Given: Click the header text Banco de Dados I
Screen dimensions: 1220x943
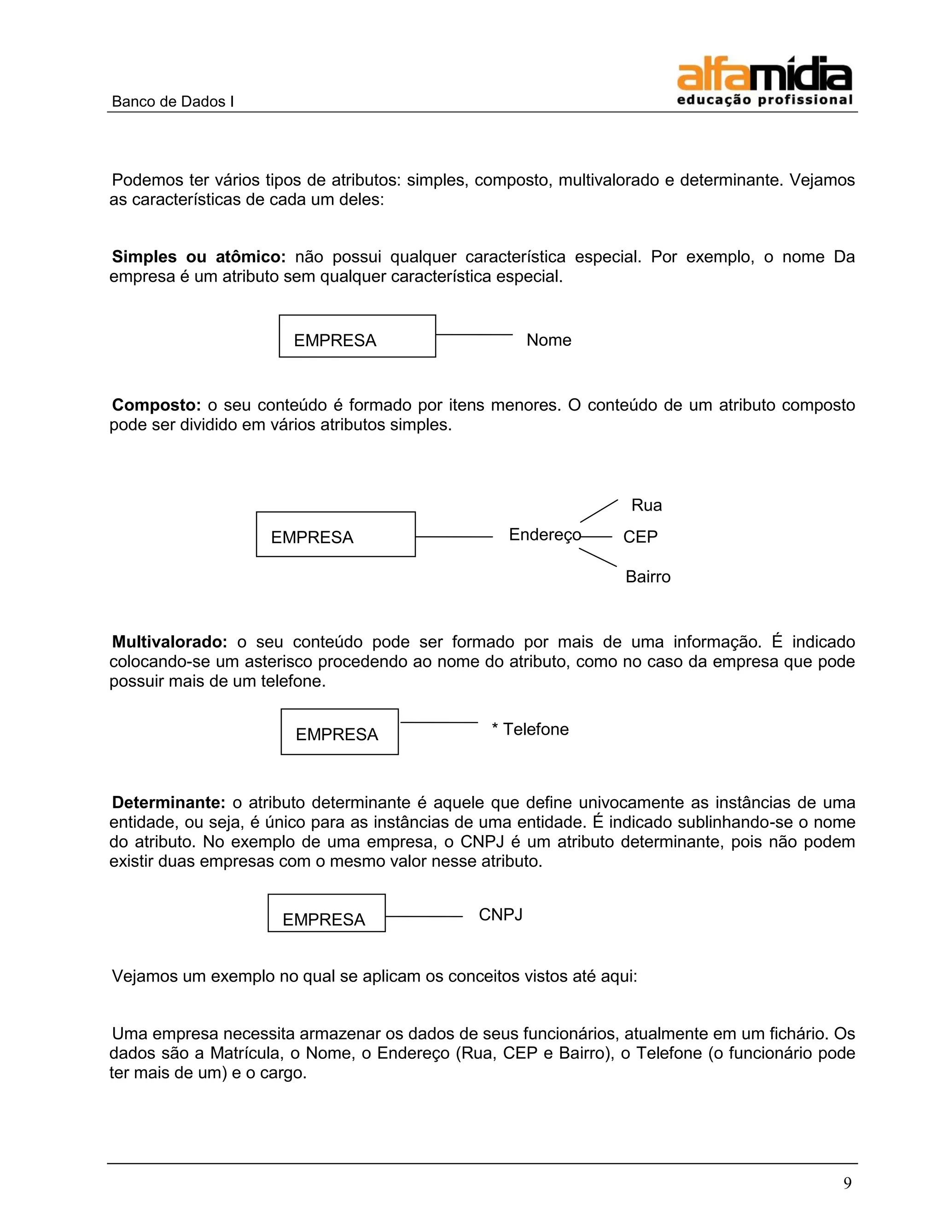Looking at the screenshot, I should [x=173, y=102].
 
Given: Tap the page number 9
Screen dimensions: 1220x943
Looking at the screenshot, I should [x=847, y=1183].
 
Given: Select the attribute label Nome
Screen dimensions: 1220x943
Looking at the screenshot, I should [x=548, y=340].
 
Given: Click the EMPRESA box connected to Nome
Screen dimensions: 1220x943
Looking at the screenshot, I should [x=357, y=336].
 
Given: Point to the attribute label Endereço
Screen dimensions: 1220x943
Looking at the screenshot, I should [x=545, y=535].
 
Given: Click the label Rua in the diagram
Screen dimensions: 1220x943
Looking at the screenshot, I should [x=646, y=505].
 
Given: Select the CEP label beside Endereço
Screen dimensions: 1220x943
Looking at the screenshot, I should [x=640, y=537].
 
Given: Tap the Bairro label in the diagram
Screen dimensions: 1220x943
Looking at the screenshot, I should [x=647, y=576].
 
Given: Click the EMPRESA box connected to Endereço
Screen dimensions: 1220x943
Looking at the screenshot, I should [x=335, y=534].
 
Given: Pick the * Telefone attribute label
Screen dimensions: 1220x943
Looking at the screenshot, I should [x=530, y=729].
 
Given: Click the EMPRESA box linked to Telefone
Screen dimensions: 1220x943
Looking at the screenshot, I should [x=339, y=732].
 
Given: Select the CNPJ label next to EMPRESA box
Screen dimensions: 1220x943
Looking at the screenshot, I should [x=501, y=914].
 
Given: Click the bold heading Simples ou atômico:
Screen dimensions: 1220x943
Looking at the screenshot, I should [x=199, y=257].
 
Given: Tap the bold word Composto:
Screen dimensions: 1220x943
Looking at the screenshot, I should [x=157, y=405].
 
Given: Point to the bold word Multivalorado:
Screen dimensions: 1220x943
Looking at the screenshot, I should [x=170, y=642].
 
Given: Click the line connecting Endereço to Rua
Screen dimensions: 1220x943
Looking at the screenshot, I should [x=599, y=511].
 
